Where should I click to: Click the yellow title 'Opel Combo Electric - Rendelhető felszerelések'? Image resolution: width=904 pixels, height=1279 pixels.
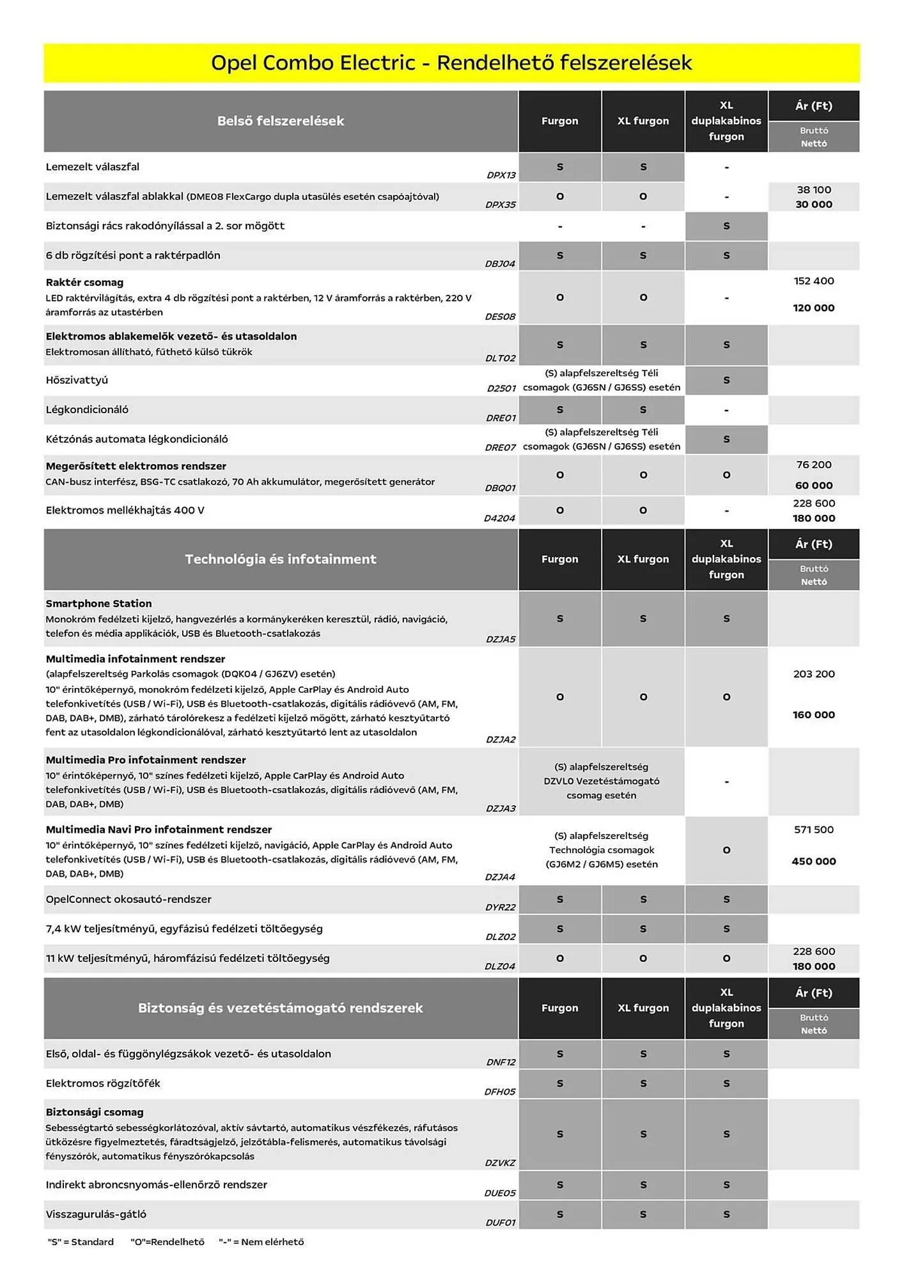[x=451, y=63]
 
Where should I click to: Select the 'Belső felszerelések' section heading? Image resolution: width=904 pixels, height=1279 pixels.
[x=280, y=121]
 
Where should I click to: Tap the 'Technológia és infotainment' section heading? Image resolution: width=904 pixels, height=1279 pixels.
[x=280, y=559]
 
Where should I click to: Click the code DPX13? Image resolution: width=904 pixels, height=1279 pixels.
[x=501, y=175]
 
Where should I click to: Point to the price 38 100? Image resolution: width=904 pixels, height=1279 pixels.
[x=813, y=190]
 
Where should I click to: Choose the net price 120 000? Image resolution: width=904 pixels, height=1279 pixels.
[x=813, y=308]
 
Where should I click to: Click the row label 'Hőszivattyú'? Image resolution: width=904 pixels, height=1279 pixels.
[x=77, y=380]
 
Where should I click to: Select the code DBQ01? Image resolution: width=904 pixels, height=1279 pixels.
[x=500, y=488]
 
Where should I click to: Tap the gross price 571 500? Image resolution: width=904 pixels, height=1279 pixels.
[x=813, y=829]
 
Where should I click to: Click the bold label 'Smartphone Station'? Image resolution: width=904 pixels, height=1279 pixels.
[x=98, y=603]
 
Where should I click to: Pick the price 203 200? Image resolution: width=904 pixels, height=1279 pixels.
[x=813, y=674]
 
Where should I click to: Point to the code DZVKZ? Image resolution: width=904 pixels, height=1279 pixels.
[x=500, y=1163]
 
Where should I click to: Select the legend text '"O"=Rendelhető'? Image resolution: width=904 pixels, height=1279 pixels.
[x=167, y=1242]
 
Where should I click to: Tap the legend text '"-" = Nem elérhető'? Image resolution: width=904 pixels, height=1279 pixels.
[x=261, y=1242]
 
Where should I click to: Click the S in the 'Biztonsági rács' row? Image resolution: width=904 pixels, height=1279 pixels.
[x=726, y=226]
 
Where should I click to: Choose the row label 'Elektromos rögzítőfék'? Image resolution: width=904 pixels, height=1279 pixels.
[x=102, y=1083]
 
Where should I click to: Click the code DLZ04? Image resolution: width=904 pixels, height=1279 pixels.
[x=500, y=966]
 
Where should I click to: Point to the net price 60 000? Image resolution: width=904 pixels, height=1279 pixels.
[x=813, y=485]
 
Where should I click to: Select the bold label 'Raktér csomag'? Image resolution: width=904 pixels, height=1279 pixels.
[x=84, y=282]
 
